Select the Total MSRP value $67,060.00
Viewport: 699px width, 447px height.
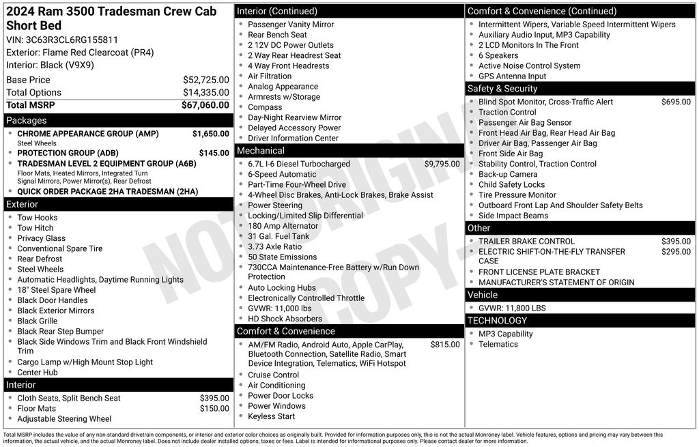click(x=205, y=105)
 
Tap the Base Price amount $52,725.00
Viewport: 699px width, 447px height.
click(x=205, y=80)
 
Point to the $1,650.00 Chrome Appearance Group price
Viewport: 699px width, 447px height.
click(x=210, y=134)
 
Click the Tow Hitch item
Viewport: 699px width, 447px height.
click(x=35, y=228)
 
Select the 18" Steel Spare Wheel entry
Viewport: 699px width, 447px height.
click(x=57, y=290)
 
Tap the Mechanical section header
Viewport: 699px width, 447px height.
click(x=261, y=151)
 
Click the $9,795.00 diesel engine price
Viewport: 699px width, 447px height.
click(x=442, y=164)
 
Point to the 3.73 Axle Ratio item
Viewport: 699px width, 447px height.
click(x=274, y=247)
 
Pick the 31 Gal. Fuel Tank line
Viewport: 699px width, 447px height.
click(x=278, y=236)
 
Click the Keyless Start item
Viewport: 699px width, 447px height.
click(x=271, y=416)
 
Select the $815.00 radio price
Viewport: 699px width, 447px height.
click(x=445, y=345)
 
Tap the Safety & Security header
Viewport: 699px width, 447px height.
click(x=502, y=89)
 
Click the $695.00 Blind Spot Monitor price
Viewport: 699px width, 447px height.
click(x=676, y=102)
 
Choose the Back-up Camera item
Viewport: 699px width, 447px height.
click(x=508, y=174)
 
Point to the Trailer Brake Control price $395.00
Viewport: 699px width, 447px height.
click(x=676, y=241)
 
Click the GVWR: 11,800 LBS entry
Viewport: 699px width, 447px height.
click(x=512, y=308)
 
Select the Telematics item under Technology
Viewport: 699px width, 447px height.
click(x=498, y=344)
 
